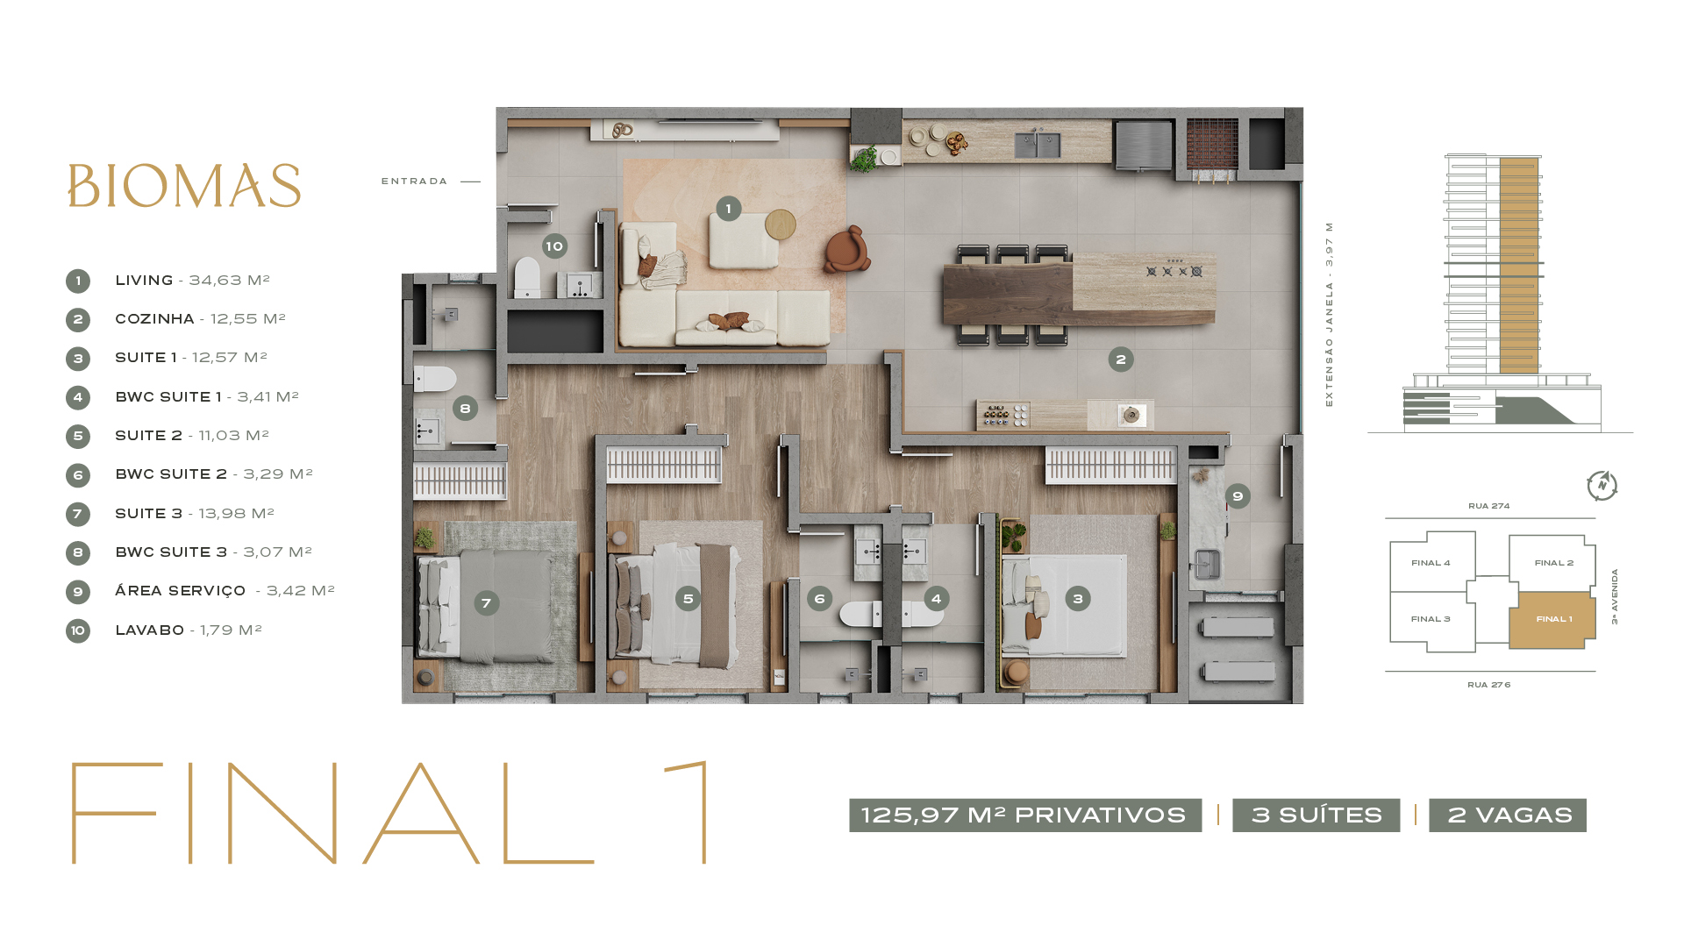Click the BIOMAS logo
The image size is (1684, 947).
point(184,185)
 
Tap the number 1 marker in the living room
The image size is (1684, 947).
point(728,209)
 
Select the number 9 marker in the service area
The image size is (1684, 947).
point(1238,496)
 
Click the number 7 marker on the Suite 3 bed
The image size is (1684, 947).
point(487,603)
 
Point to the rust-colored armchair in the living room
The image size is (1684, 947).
point(846,250)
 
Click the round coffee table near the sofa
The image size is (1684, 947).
point(780,225)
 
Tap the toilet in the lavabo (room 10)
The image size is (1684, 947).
point(527,278)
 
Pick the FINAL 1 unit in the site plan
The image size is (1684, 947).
point(1552,619)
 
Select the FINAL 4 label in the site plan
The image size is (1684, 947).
point(1431,563)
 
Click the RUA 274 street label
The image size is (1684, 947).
point(1489,506)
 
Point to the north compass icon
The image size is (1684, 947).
point(1602,486)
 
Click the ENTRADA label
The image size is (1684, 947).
point(414,182)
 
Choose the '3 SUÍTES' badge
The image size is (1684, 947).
point(1317,815)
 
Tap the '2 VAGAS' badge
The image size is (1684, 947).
point(1508,815)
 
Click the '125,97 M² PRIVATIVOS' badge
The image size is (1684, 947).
point(1025,815)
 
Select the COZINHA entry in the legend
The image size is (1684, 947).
point(201,319)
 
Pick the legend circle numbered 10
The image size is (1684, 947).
point(78,630)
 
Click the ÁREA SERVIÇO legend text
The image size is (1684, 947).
point(180,591)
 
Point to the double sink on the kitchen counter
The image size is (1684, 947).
point(1038,144)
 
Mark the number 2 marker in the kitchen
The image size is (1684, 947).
point(1121,360)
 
